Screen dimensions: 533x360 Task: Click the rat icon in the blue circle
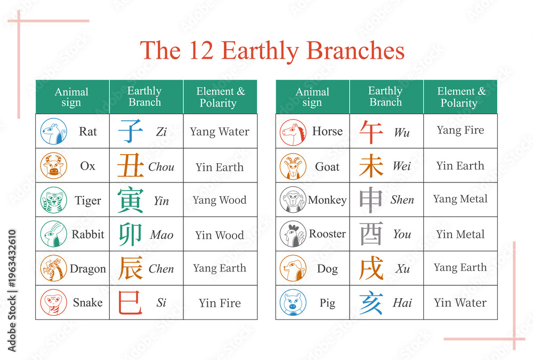click(x=54, y=131)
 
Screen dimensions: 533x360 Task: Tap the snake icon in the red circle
click(x=54, y=302)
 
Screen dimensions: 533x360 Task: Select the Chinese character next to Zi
click(x=131, y=131)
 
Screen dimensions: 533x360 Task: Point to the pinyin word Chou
click(x=161, y=167)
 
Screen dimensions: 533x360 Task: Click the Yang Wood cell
click(x=220, y=200)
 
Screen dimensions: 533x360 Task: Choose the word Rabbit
click(x=88, y=234)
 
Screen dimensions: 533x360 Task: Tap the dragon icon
click(x=54, y=268)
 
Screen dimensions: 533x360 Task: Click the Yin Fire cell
click(x=220, y=302)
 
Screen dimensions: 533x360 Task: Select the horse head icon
click(x=293, y=132)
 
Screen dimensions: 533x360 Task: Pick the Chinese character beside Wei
click(x=371, y=166)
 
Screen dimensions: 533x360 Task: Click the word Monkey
click(x=327, y=200)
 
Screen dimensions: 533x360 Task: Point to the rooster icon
click(x=293, y=234)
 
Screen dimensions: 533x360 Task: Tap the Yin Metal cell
click(x=461, y=234)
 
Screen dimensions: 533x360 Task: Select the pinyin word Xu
click(x=402, y=269)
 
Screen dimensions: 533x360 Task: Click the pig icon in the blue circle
click(x=293, y=302)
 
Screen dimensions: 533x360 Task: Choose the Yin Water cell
click(x=461, y=302)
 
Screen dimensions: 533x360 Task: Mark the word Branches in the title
click(x=356, y=50)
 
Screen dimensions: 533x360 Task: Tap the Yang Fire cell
click(x=461, y=131)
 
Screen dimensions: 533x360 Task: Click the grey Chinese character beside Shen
click(x=371, y=200)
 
